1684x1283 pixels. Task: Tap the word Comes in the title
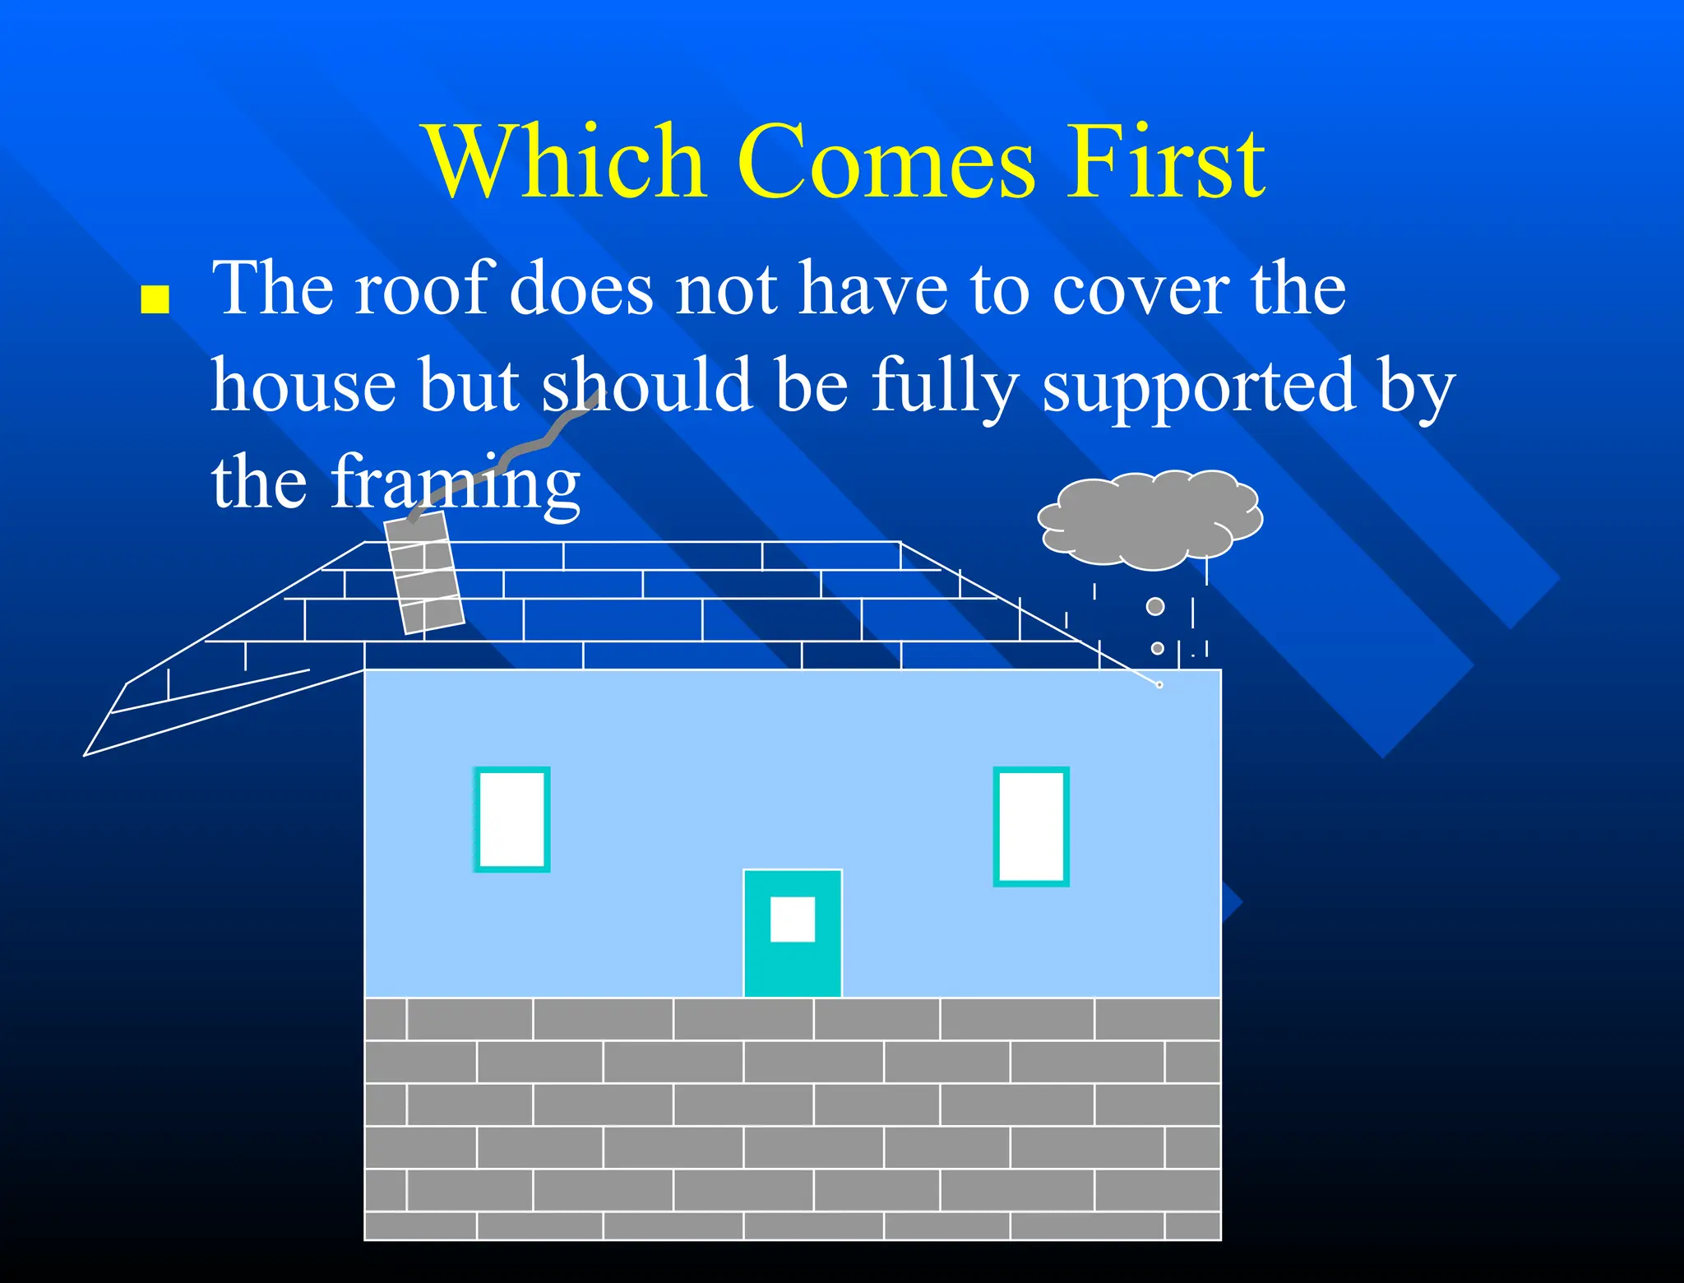point(885,162)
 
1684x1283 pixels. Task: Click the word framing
point(456,484)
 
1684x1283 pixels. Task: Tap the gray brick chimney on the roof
point(424,574)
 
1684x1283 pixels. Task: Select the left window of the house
point(511,819)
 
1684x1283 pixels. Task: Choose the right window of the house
point(1031,827)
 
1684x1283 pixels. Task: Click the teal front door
point(792,962)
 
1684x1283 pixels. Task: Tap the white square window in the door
point(792,919)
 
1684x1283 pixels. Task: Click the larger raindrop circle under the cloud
point(1155,606)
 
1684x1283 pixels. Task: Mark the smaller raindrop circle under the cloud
point(1157,648)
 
